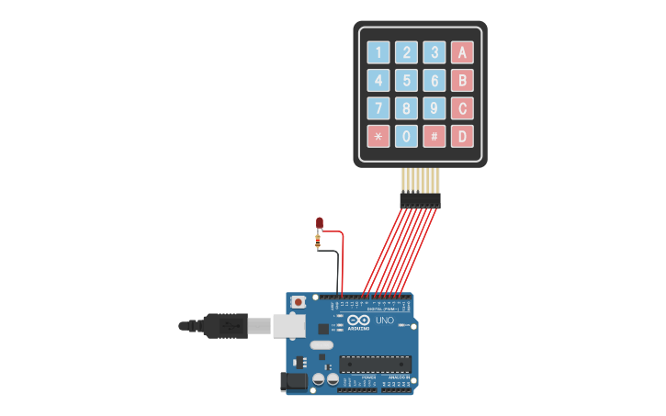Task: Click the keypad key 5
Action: point(406,80)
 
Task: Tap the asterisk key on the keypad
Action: point(378,136)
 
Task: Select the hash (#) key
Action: point(435,136)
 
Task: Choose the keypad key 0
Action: point(406,136)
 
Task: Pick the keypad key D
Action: point(462,136)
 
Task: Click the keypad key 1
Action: point(378,52)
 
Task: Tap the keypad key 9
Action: point(435,108)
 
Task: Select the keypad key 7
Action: point(378,108)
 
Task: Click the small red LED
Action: point(319,222)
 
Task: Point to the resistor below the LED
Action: point(318,242)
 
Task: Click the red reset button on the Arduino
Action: point(298,301)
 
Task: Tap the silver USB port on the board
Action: point(289,325)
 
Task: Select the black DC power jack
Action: point(294,380)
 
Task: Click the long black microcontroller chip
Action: point(375,364)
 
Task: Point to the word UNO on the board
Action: point(384,320)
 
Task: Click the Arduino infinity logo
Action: point(358,319)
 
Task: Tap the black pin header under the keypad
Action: point(420,199)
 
